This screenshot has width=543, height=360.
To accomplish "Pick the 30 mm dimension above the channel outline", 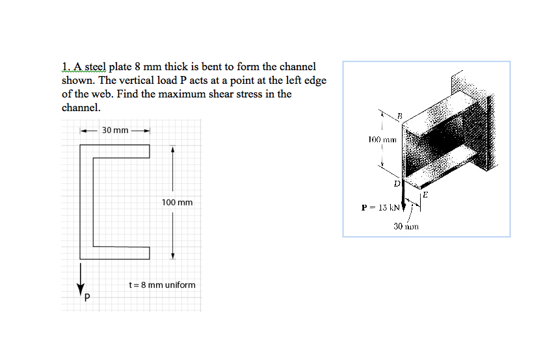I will tap(115, 131).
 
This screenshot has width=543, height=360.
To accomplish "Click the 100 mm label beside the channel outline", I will tap(177, 203).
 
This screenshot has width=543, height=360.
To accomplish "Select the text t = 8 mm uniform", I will tap(163, 285).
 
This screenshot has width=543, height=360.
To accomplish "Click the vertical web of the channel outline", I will tap(86, 202).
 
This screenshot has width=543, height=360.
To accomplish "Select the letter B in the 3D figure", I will tap(400, 116).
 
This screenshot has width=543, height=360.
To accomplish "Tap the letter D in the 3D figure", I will tap(395, 184).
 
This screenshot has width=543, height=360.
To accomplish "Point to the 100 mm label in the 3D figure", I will tap(380, 140).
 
